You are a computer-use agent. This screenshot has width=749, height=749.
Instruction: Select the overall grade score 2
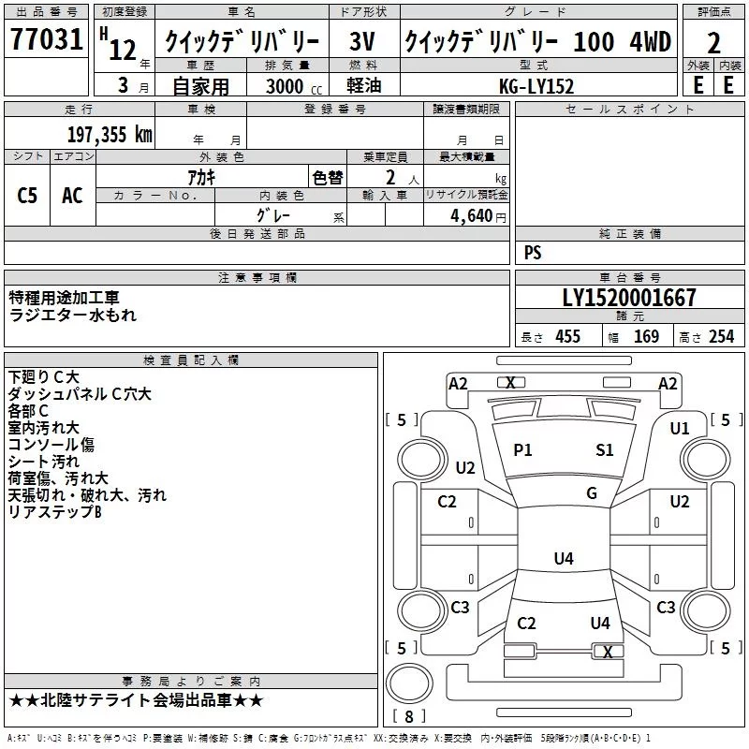click(713, 42)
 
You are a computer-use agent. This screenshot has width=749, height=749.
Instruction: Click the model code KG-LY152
click(536, 86)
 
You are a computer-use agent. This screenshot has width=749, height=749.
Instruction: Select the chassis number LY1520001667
click(629, 298)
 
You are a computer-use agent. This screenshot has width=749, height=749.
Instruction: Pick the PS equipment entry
click(533, 253)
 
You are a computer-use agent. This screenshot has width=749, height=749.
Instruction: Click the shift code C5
click(28, 196)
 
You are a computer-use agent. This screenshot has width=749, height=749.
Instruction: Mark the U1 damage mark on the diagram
click(680, 428)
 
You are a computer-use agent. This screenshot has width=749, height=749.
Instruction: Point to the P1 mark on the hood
click(522, 450)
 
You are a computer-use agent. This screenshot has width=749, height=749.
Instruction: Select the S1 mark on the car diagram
click(605, 450)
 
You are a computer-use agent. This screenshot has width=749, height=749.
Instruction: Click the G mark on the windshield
click(592, 493)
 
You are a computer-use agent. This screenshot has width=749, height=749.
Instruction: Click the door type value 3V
click(363, 42)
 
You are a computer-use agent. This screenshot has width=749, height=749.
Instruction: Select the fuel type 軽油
click(363, 86)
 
